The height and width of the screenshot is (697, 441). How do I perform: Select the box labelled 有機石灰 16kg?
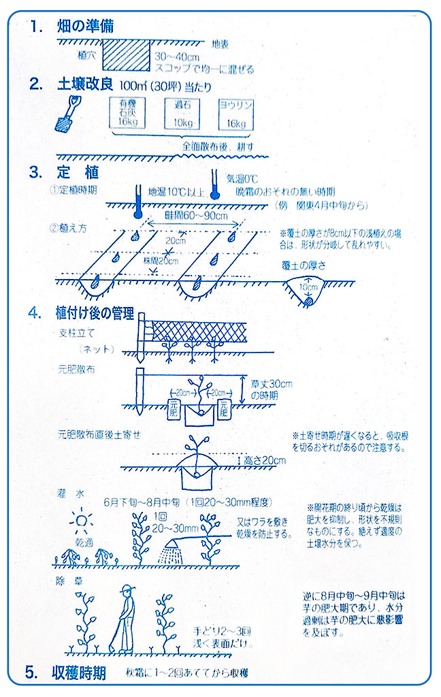(127, 113)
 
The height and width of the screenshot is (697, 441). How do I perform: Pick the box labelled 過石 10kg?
(180, 113)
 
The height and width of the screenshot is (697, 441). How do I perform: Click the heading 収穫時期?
(79, 673)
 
